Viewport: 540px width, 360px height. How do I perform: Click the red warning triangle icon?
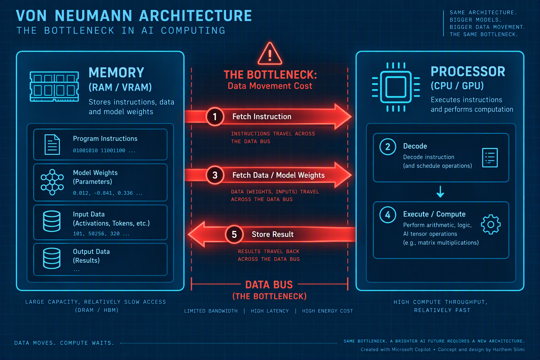click(270, 54)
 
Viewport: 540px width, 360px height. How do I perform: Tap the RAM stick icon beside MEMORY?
click(54, 86)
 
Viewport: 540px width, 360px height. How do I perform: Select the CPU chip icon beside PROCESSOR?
click(396, 87)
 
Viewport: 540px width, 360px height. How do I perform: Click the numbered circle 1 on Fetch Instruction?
click(215, 117)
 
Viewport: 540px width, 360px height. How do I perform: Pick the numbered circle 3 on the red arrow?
click(215, 175)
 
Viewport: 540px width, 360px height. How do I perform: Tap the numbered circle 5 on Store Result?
click(234, 234)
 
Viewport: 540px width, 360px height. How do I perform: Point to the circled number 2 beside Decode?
click(388, 147)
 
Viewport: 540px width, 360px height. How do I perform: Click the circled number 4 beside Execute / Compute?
click(388, 214)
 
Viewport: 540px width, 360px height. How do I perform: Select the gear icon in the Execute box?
click(491, 225)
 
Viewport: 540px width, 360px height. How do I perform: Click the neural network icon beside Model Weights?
click(52, 182)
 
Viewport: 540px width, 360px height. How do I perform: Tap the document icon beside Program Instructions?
click(52, 144)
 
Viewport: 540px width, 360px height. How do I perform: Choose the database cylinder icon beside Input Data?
click(52, 221)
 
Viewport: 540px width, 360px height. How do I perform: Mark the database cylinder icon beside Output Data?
click(52, 258)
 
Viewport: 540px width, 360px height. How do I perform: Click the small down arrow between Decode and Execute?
click(440, 192)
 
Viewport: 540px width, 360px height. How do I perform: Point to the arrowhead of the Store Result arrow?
click(188, 234)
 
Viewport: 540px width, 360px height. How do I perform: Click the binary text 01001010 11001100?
click(99, 151)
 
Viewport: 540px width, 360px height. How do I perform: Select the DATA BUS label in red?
click(269, 285)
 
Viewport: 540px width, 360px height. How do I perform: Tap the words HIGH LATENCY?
click(270, 311)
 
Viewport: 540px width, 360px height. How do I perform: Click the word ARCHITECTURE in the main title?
click(195, 16)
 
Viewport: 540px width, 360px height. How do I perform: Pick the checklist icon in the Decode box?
click(490, 158)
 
